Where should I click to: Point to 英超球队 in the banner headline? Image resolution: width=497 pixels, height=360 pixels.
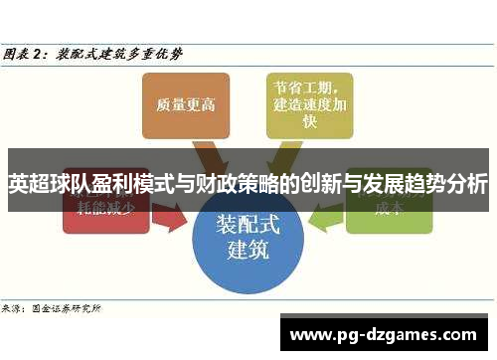(46, 185)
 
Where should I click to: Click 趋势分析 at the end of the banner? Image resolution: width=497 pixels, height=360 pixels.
(448, 185)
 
